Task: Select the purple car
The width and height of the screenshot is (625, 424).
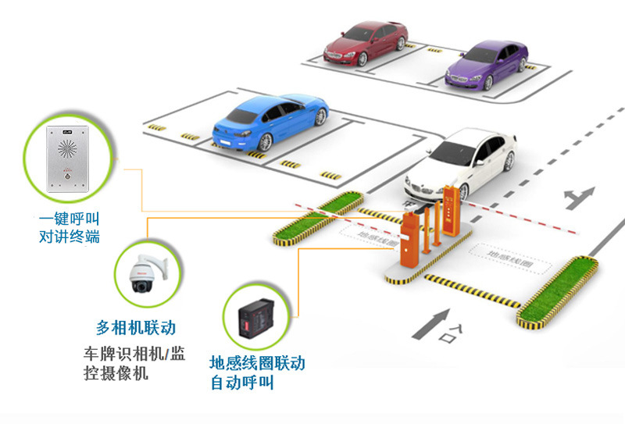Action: tap(484, 65)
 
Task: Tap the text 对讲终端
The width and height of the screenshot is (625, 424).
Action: tap(70, 237)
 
